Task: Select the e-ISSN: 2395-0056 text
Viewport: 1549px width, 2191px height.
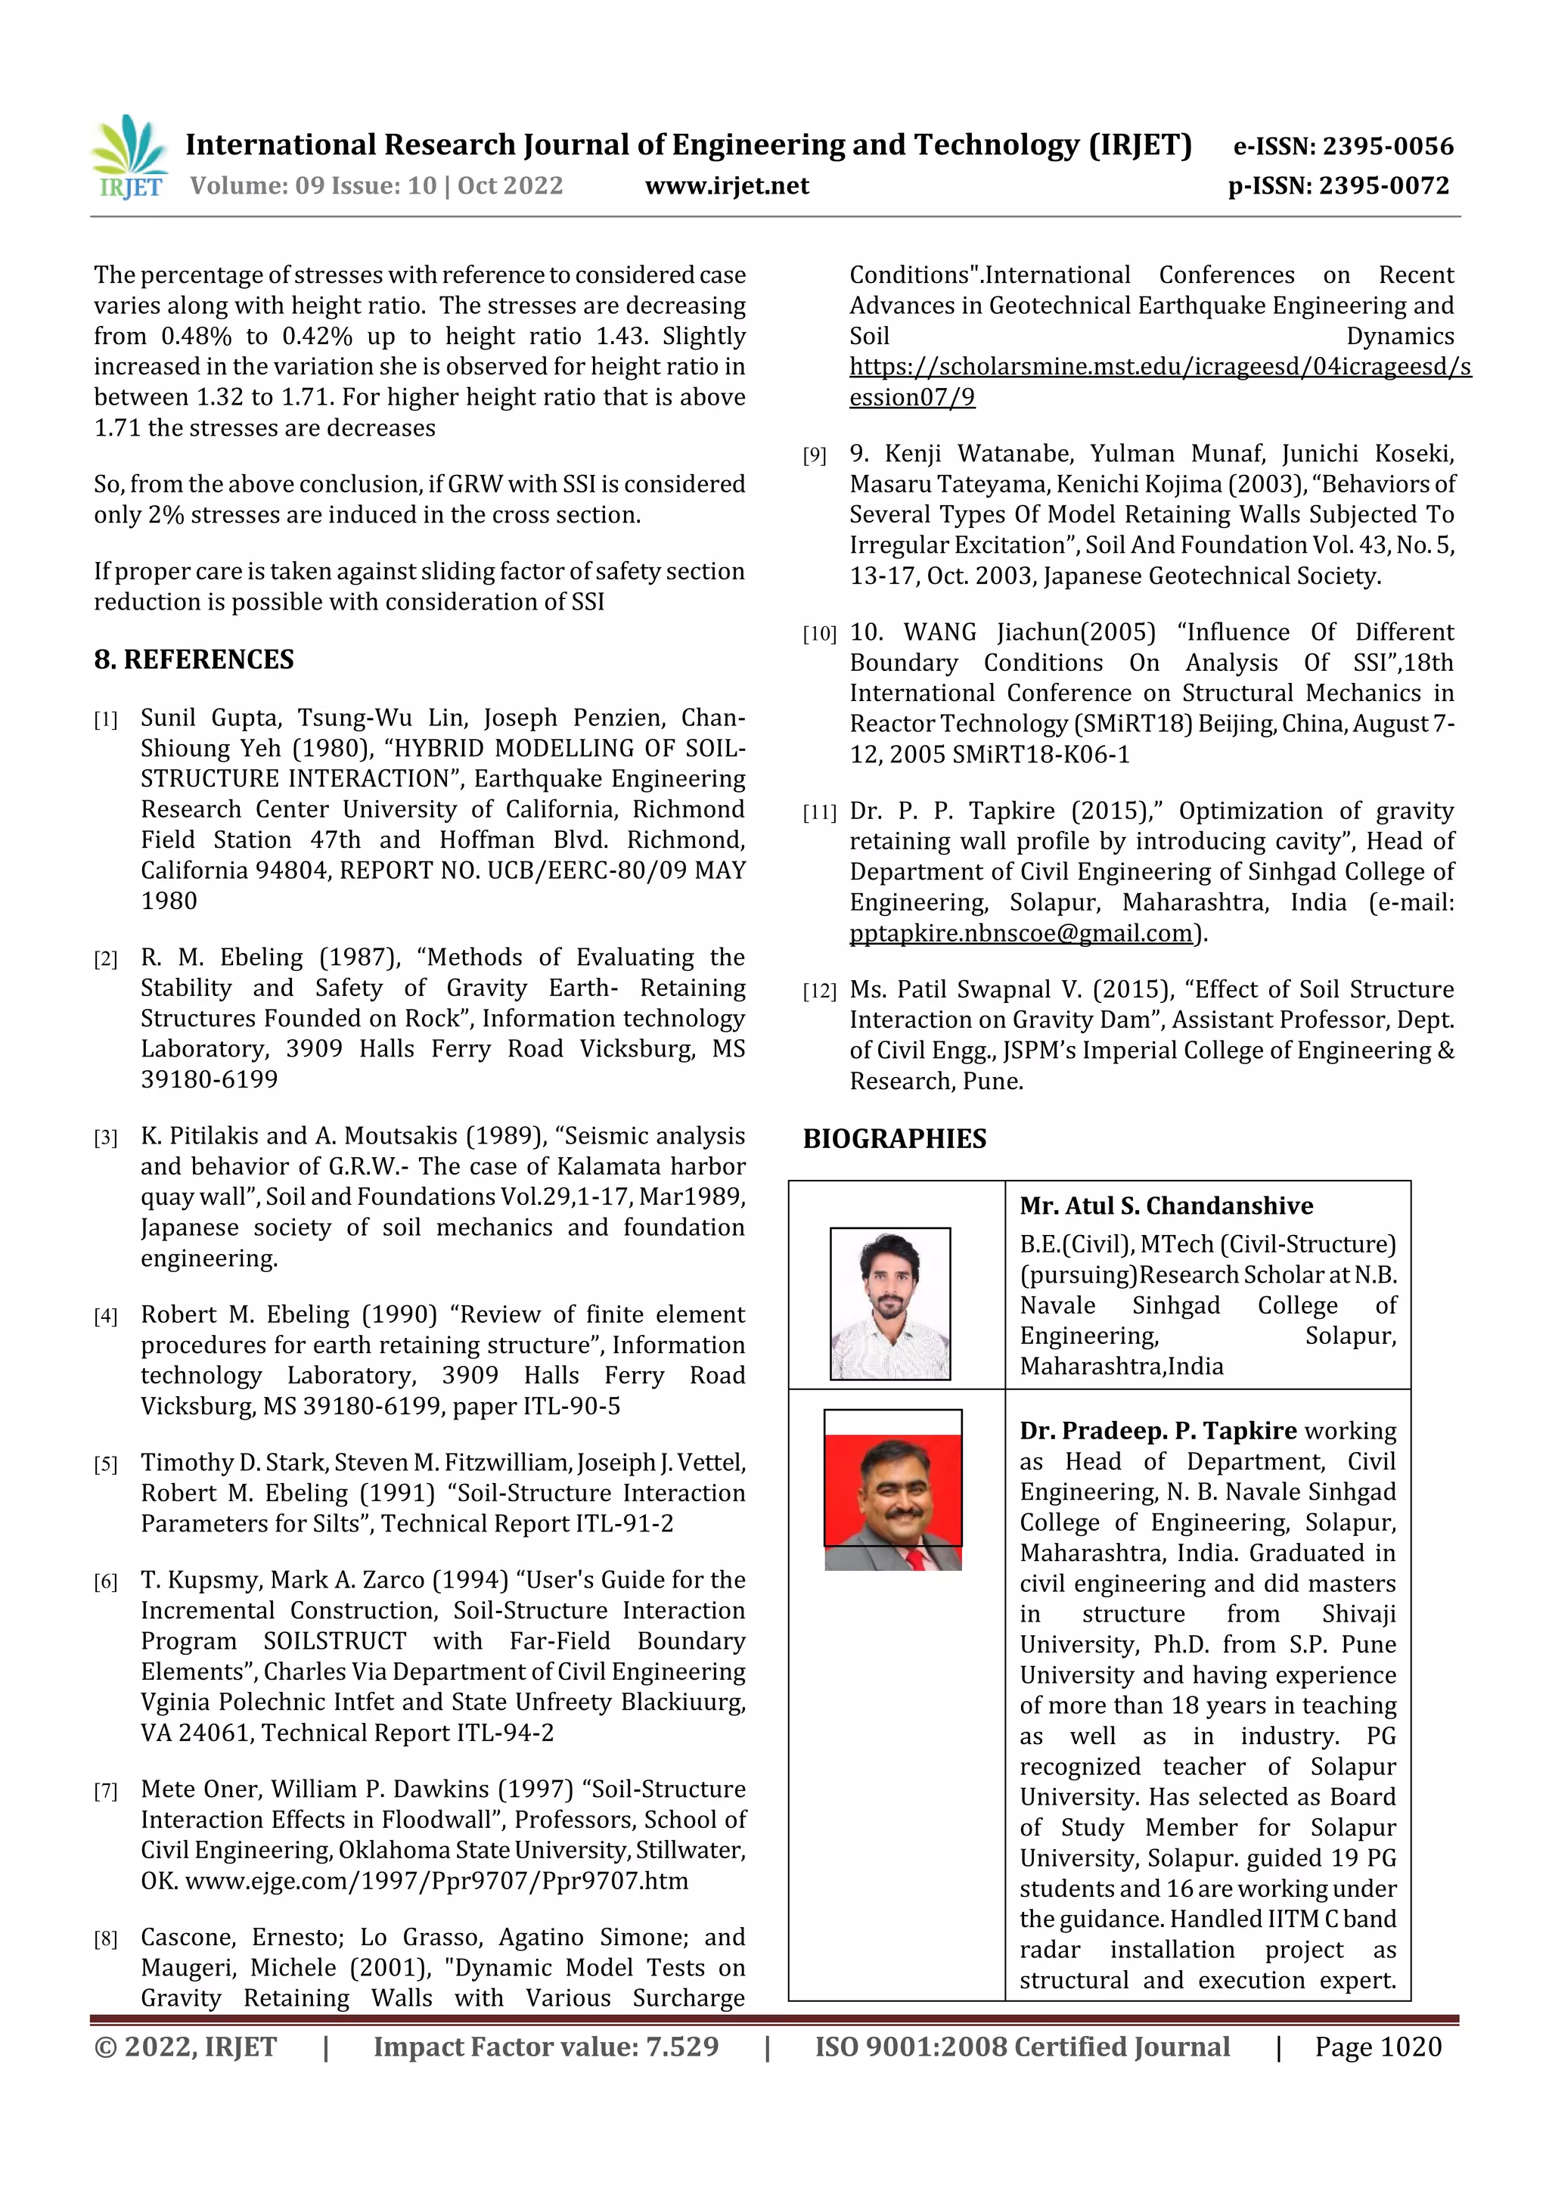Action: click(1343, 146)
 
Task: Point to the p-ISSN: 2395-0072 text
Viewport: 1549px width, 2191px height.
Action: click(1338, 185)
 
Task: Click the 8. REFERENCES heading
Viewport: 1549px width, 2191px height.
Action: click(194, 659)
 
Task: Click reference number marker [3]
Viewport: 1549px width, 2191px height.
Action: click(105, 1137)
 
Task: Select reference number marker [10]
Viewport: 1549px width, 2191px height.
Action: click(819, 634)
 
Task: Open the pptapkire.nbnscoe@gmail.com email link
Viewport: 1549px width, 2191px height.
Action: click(1021, 933)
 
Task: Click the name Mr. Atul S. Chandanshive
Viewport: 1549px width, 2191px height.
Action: click(1166, 1206)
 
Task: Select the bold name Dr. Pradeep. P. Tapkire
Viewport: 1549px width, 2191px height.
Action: click(1158, 1430)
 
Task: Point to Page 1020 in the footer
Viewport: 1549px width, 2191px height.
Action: click(1377, 2046)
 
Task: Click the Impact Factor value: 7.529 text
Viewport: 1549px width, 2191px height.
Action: click(546, 2046)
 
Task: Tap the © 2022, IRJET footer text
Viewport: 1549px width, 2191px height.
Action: click(185, 2046)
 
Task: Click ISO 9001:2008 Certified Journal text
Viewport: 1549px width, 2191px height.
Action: click(1021, 2046)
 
